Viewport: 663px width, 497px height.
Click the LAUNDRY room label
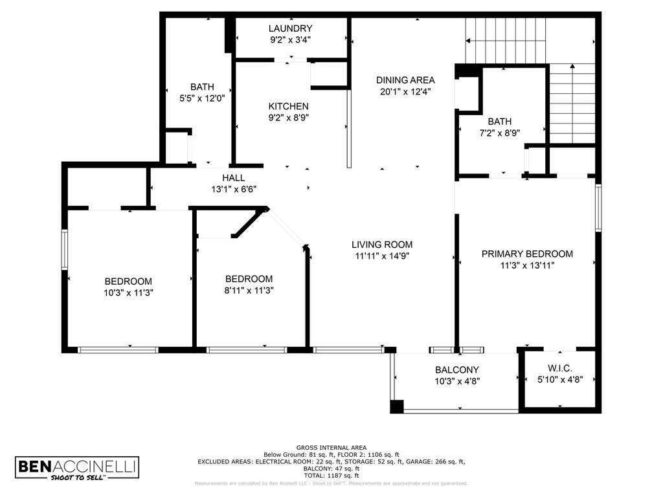pyautogui.click(x=291, y=28)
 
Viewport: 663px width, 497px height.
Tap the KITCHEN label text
pyautogui.click(x=289, y=106)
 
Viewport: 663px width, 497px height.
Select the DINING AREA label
pyautogui.click(x=405, y=80)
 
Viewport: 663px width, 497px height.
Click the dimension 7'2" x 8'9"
pyautogui.click(x=499, y=133)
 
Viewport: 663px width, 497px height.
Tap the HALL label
pyautogui.click(x=233, y=178)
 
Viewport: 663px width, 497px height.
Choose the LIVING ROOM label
pyautogui.click(x=382, y=245)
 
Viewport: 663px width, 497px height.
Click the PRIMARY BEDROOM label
pyautogui.click(x=527, y=254)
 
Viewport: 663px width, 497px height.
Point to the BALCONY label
pyautogui.click(x=456, y=370)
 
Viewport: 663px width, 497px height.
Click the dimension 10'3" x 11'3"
pyautogui.click(x=128, y=292)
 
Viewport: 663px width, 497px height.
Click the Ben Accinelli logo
pyautogui.click(x=77, y=469)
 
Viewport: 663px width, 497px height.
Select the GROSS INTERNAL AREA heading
pyautogui.click(x=331, y=447)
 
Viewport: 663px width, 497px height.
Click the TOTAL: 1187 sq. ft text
pyautogui.click(x=331, y=474)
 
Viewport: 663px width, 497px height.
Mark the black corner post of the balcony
pyautogui.click(x=396, y=406)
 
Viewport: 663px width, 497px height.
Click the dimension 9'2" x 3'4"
pyautogui.click(x=291, y=39)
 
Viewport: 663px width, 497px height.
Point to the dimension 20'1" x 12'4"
pyautogui.click(x=405, y=91)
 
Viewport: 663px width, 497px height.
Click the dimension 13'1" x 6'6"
pyautogui.click(x=233, y=189)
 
